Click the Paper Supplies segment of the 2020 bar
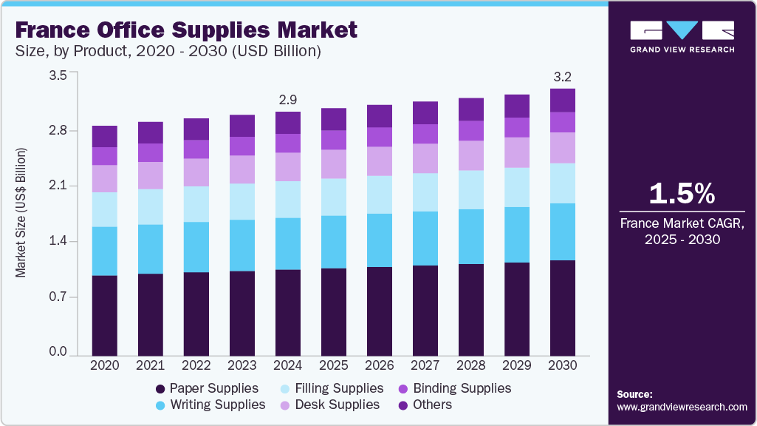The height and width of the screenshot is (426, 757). click(x=105, y=315)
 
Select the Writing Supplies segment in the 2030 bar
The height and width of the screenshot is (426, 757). click(x=563, y=231)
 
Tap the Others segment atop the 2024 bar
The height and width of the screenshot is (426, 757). click(x=288, y=123)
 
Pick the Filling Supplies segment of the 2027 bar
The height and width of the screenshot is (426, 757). click(x=425, y=192)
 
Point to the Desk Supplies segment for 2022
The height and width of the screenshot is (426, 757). click(x=196, y=172)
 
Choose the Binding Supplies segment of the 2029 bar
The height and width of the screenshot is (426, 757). click(x=517, y=127)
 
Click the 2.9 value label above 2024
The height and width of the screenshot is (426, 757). click(x=288, y=100)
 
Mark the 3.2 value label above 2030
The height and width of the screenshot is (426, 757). click(x=563, y=77)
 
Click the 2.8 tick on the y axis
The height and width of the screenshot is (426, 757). click(x=58, y=131)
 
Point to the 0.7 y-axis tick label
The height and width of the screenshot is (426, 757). click(x=58, y=297)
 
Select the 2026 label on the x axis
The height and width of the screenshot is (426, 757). click(x=380, y=365)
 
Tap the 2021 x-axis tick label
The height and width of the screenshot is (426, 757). click(x=151, y=365)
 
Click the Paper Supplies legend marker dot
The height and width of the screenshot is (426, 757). click(x=160, y=389)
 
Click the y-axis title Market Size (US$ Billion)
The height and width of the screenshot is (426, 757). click(x=21, y=213)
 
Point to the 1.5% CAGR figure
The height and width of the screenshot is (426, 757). click(x=682, y=194)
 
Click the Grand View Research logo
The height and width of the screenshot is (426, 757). click(x=682, y=36)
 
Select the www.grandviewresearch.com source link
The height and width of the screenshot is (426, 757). click(x=682, y=407)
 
